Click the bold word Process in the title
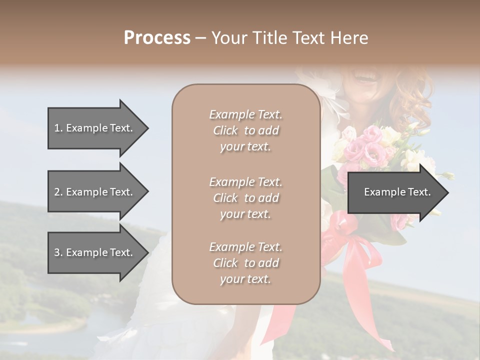click(x=157, y=38)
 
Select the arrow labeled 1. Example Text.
click(x=93, y=128)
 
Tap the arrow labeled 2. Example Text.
click(x=93, y=192)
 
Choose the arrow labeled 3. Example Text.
click(x=93, y=252)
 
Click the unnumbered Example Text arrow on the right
click(x=397, y=192)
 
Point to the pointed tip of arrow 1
click(x=147, y=128)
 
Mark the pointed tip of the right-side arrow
click(x=447, y=192)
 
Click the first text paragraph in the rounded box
click(x=245, y=130)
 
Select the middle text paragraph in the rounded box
click(x=245, y=198)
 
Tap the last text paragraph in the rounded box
click(x=245, y=263)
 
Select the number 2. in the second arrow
click(x=58, y=192)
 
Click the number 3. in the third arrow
click(x=58, y=252)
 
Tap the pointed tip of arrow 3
click(x=147, y=252)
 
